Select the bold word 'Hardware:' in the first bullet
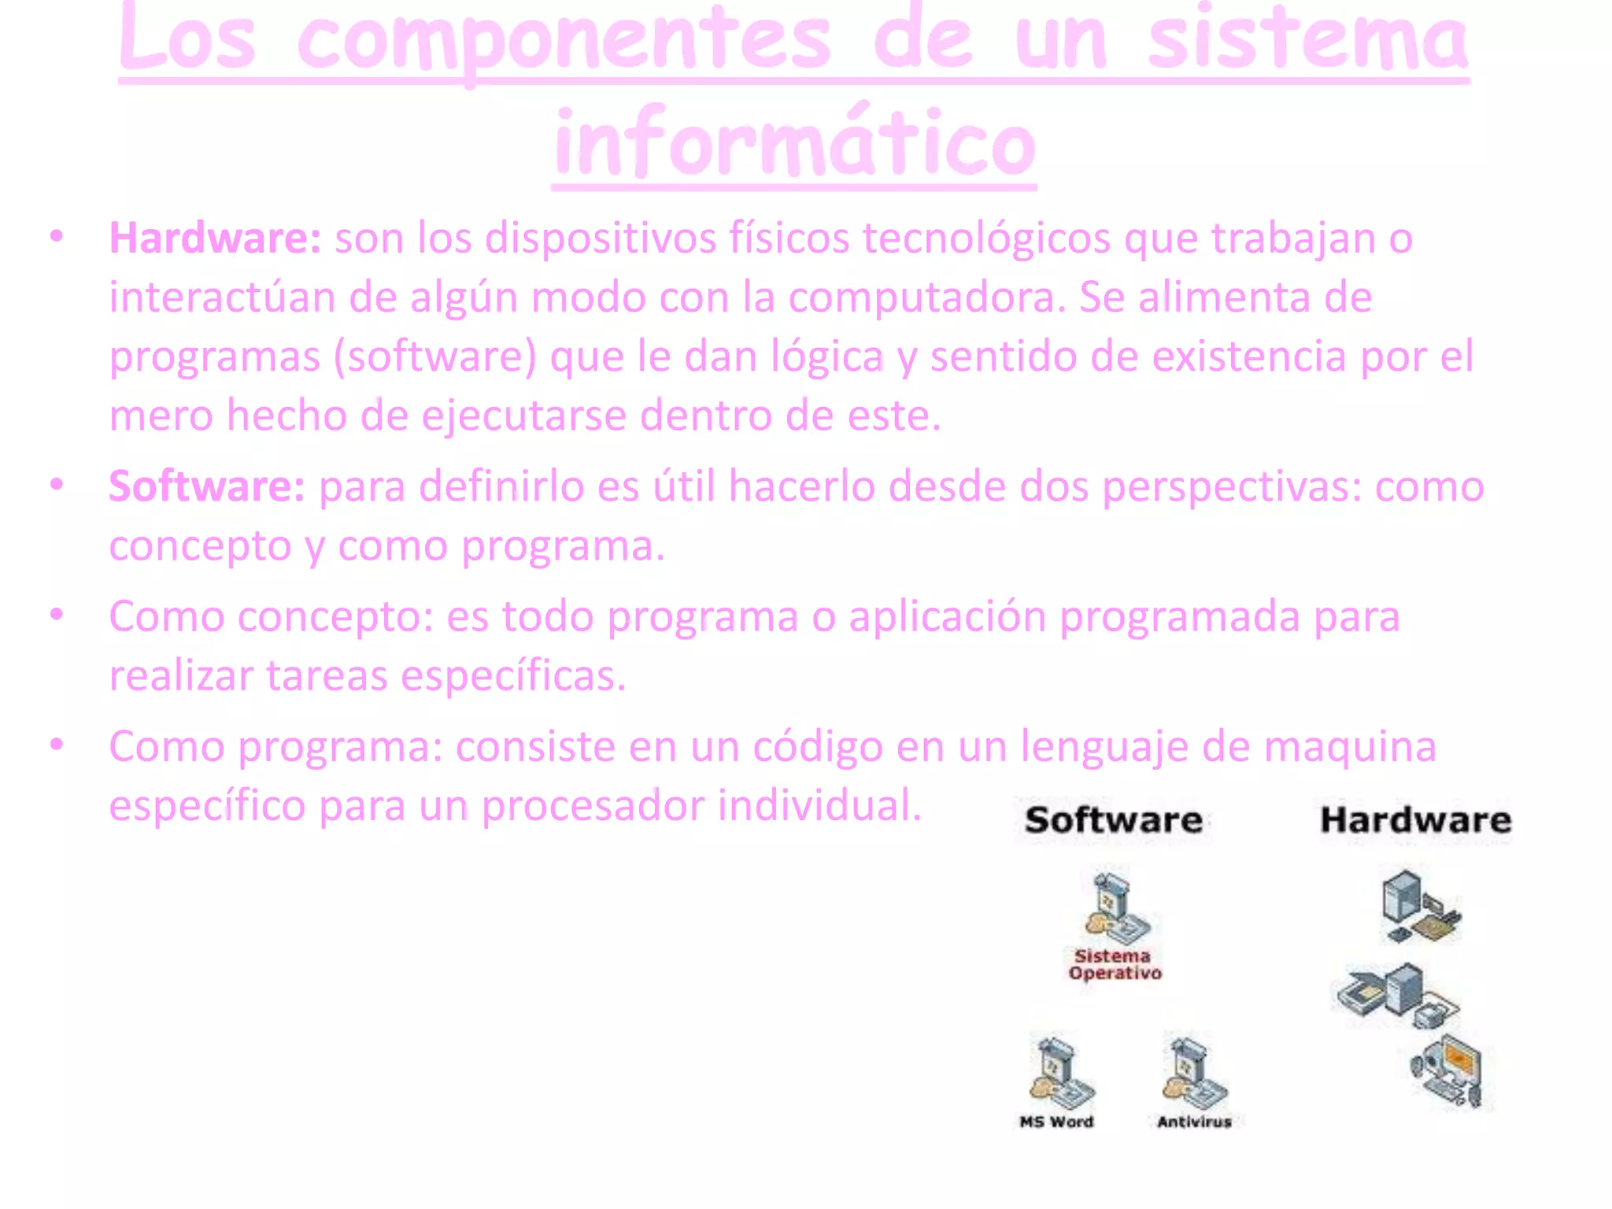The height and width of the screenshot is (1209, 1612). (215, 238)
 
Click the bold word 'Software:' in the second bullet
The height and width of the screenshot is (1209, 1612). (207, 486)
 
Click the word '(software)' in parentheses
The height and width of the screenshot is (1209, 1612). (434, 357)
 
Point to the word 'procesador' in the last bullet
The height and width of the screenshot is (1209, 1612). (593, 805)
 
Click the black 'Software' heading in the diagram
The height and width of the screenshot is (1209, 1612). (1113, 820)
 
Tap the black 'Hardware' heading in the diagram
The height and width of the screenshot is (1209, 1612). (1415, 820)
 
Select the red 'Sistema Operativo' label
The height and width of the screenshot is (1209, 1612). (1115, 964)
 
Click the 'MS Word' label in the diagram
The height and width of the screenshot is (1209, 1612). (1056, 1122)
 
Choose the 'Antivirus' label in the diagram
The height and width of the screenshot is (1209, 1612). (1194, 1122)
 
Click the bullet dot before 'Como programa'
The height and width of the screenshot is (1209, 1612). (56, 744)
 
